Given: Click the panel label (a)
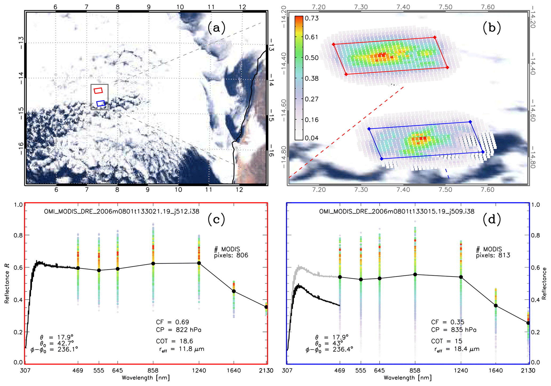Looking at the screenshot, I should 216,27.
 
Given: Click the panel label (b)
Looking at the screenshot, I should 492,27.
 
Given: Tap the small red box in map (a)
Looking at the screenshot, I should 98,90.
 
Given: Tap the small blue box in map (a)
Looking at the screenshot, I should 101,103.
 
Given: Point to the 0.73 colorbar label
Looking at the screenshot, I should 312,18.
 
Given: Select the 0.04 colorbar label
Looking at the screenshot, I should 312,138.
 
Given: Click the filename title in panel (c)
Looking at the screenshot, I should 122,211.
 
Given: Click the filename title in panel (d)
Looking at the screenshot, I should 397,211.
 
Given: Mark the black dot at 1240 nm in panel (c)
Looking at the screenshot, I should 199,263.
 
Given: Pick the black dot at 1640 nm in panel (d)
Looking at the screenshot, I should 496,306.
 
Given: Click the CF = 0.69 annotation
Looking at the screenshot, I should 172,322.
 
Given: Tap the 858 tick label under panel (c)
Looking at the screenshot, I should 153,371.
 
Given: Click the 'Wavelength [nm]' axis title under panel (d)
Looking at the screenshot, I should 408,378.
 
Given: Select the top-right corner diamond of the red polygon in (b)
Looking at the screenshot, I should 435,38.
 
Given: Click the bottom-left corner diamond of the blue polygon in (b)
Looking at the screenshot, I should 381,159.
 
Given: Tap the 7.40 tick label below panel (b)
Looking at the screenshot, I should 403,190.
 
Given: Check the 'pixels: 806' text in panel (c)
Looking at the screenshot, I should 231,255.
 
